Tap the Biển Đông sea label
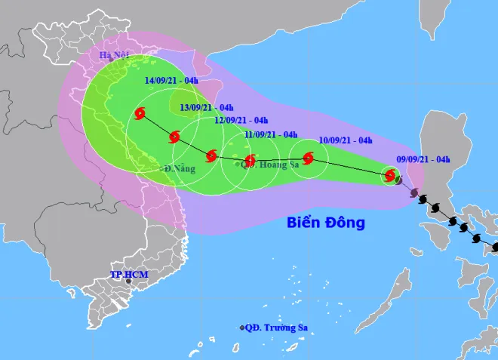click(x=326, y=223)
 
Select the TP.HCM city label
click(x=128, y=274)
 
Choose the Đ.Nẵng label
click(x=180, y=168)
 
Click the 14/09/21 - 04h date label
click(x=172, y=81)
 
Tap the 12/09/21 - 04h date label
click(x=241, y=120)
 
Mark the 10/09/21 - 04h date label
click(x=346, y=140)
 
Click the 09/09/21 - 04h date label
click(x=423, y=159)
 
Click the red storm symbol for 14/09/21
click(x=140, y=115)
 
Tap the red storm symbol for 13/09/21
click(x=174, y=137)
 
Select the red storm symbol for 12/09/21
click(x=211, y=156)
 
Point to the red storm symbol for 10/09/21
click(x=308, y=158)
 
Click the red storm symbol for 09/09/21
click(x=390, y=176)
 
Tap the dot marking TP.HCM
click(x=128, y=282)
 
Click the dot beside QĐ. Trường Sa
click(x=242, y=328)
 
